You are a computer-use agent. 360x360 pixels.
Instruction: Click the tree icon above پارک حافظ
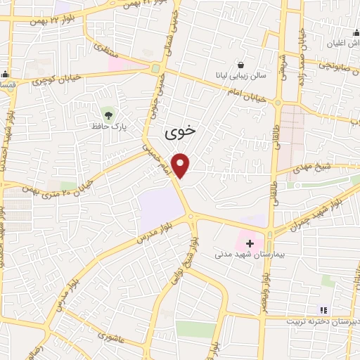(108, 113)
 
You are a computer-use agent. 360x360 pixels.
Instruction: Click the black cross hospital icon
(250, 243)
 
